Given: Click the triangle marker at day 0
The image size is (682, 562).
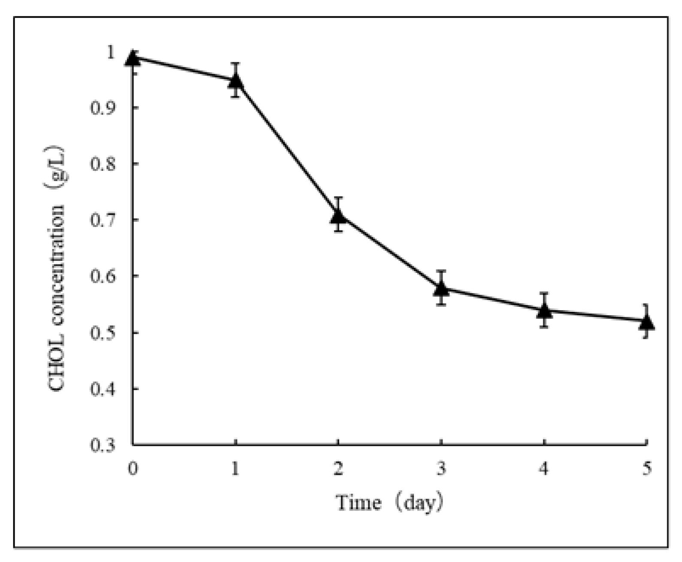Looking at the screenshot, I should [x=133, y=58].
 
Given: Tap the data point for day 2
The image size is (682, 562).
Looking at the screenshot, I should [x=338, y=216].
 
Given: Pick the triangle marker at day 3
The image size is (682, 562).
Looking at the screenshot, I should [x=441, y=288].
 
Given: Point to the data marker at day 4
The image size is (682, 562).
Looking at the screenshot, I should [x=544, y=310].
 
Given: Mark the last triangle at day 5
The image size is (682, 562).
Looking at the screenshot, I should [x=646, y=322].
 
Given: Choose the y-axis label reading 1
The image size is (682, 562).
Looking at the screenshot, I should [x=111, y=52].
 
